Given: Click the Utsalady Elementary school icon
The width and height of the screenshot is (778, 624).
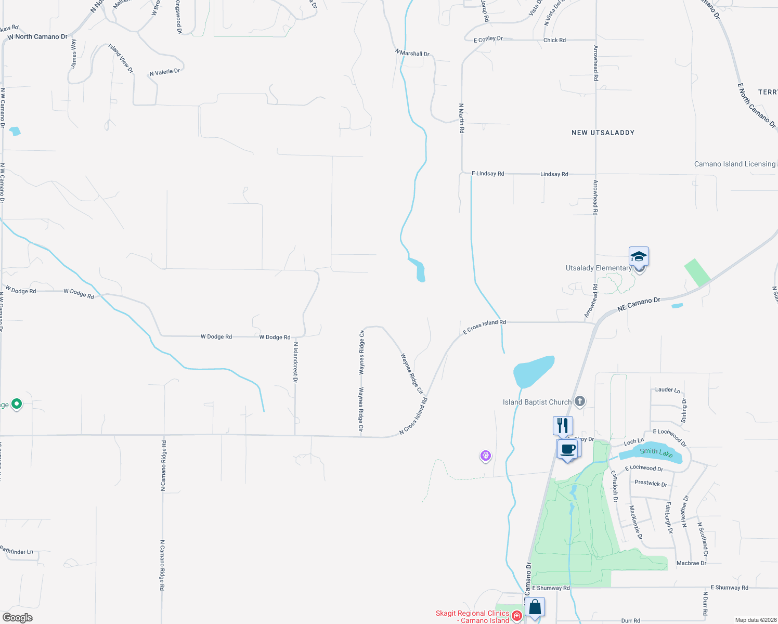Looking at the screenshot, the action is click(x=639, y=256).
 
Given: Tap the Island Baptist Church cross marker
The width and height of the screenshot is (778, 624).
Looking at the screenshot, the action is click(x=580, y=401).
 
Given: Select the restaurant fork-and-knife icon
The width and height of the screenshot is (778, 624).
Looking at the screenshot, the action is click(x=563, y=425).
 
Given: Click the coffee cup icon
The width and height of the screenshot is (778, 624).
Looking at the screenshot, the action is click(x=568, y=449).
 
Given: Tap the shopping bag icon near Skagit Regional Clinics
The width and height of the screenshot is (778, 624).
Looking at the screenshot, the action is click(x=535, y=607).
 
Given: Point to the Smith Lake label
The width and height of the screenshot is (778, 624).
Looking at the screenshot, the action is click(x=656, y=452).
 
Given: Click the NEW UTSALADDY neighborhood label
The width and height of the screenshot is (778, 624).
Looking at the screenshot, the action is click(x=603, y=133).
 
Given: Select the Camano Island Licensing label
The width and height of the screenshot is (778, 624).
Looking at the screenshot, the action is click(x=734, y=164).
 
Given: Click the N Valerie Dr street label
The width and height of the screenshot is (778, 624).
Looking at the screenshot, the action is click(x=164, y=72).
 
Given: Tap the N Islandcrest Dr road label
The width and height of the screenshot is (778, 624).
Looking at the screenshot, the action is click(x=295, y=362).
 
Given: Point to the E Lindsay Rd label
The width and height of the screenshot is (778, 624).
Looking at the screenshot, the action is click(x=487, y=174).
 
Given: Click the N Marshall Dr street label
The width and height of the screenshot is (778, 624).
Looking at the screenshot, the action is click(x=412, y=53).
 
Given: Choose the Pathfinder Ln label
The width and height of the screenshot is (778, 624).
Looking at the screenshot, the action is click(x=17, y=551).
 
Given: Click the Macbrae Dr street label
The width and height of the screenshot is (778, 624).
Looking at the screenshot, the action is click(x=691, y=563).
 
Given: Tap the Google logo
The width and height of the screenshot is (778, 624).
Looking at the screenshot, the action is click(x=18, y=617).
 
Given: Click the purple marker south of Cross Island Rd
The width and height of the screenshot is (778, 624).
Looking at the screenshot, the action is click(x=485, y=456).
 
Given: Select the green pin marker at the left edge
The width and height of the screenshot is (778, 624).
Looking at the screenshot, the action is click(x=17, y=404).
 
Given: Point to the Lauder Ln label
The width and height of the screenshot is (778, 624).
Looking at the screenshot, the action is click(x=667, y=389).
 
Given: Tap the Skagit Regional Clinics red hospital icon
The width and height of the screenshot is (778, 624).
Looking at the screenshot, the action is click(x=516, y=616).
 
